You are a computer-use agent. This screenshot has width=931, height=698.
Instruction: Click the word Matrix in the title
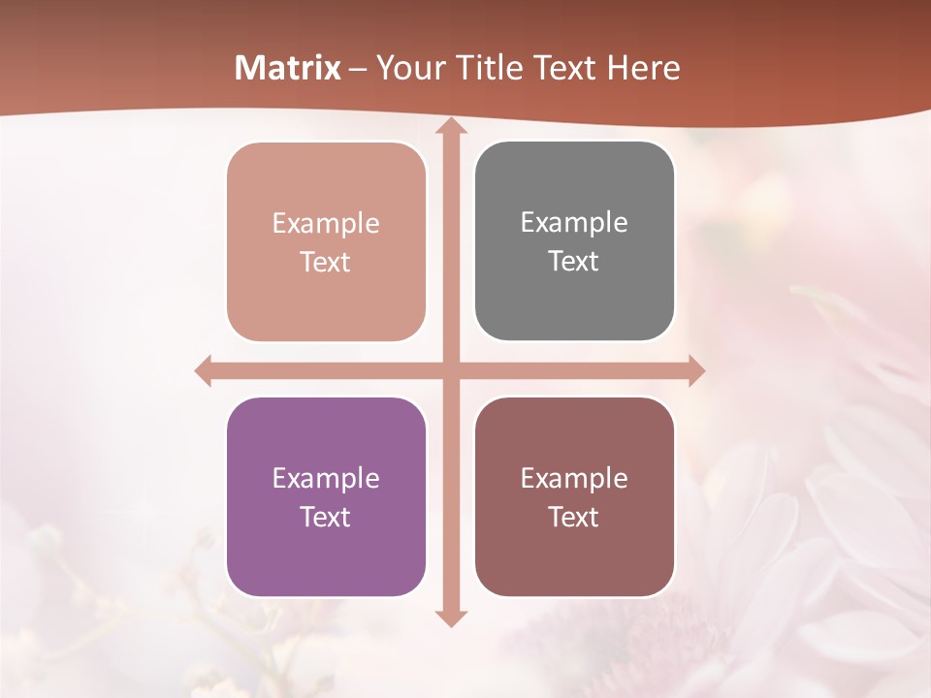click(x=288, y=68)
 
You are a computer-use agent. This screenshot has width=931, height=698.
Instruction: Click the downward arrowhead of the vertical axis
click(x=450, y=618)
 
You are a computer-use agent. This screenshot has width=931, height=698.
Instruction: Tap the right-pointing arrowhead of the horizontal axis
click(x=695, y=370)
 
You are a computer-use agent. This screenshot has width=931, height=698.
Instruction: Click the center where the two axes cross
click(x=450, y=370)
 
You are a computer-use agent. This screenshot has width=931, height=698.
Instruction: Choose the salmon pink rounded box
click(x=326, y=242)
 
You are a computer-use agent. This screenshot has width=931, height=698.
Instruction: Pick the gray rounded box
click(x=574, y=241)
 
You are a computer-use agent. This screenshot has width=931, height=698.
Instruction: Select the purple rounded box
click(x=326, y=497)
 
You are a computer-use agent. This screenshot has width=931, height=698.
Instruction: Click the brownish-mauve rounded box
click(x=574, y=497)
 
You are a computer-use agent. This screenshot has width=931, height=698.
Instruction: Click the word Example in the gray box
click(x=574, y=222)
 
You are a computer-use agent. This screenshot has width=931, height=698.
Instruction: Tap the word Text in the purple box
click(x=326, y=517)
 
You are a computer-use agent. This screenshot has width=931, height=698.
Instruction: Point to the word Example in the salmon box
click(x=326, y=223)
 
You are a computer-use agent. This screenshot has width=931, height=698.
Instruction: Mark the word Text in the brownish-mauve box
click(x=574, y=517)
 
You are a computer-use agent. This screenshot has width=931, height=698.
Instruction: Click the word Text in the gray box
click(x=574, y=261)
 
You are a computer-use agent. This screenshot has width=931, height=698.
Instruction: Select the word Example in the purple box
click(x=326, y=478)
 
